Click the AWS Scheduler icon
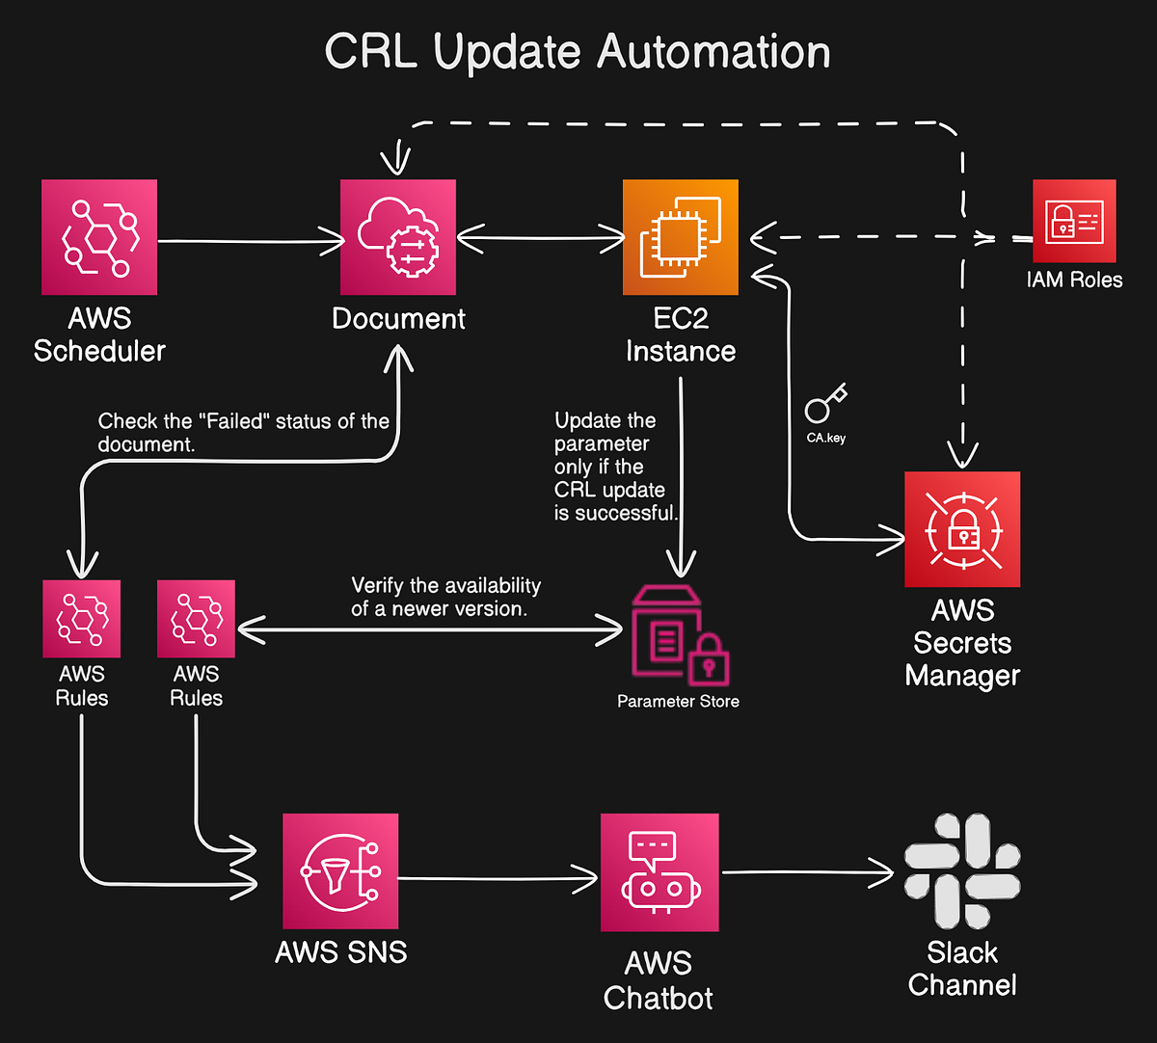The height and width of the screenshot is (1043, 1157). pos(99,237)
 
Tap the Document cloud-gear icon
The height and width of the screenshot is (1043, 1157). pos(398,237)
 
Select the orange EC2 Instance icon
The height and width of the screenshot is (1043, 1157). pos(681,237)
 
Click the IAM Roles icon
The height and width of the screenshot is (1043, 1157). pos(1074,221)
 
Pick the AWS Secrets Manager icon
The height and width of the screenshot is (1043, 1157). pos(962,529)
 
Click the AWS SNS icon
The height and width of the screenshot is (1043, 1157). pos(340,871)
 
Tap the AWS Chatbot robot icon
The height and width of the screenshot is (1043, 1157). pos(659,872)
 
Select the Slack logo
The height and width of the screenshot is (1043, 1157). pos(962,871)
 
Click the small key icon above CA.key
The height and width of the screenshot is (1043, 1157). pos(825,404)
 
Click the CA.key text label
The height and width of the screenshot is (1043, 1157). pos(826,438)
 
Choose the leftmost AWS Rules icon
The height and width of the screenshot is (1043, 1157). pos(82,619)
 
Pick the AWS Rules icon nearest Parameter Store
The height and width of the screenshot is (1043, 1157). pos(196,619)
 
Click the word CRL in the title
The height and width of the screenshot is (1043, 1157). pos(370,52)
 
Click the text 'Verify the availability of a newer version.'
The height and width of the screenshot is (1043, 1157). pos(445,597)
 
